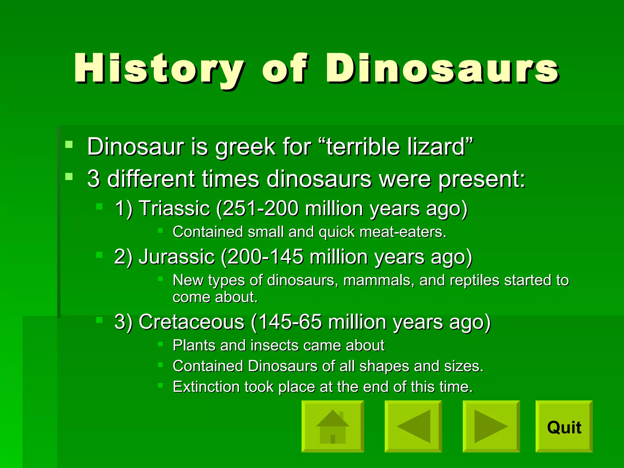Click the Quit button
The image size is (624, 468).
564,427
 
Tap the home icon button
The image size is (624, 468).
333,427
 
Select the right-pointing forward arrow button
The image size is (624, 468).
491,427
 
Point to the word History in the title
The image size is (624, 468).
158,69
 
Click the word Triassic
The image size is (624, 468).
174,209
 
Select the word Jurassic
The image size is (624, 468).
177,257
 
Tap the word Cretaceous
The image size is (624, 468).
191,322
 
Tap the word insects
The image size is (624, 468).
275,346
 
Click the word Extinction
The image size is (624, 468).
206,387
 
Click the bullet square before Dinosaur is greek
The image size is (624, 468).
69,144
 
